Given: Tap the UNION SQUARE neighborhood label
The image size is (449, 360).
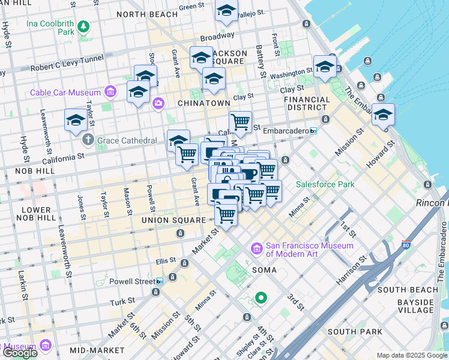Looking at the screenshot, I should [173, 220].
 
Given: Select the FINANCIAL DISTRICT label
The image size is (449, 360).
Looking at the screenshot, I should [306, 103].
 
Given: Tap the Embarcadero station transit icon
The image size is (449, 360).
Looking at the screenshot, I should [313, 130].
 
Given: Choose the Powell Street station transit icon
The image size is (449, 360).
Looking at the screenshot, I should [159, 281].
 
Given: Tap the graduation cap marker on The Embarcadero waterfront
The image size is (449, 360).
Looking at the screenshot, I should [383, 114].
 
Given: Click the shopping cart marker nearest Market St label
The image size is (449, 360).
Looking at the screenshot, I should [226, 214].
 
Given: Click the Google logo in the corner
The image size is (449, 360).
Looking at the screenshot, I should [19, 353].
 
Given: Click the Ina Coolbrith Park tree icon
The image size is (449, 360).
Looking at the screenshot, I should [83, 26].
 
